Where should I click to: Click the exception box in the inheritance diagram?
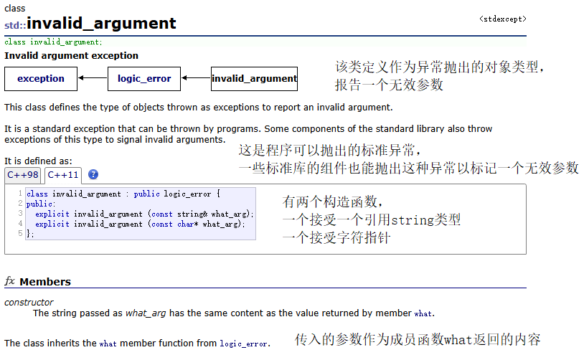[x=41, y=78]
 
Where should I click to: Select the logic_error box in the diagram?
[x=144, y=78]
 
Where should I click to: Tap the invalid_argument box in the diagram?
[x=254, y=78]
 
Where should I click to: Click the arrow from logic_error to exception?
[x=93, y=78]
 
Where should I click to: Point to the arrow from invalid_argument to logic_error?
[x=196, y=78]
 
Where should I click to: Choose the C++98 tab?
[x=23, y=175]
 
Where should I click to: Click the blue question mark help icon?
[x=93, y=175]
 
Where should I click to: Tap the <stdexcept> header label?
[x=502, y=19]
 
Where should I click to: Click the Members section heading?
[x=45, y=282]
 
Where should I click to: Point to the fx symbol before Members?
[x=10, y=281]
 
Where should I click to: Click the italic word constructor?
[x=29, y=303]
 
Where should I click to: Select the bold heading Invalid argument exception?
[x=72, y=55]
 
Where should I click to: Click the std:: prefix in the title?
[x=15, y=25]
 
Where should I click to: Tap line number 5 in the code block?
[x=21, y=233]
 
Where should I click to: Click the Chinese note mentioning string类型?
[x=372, y=220]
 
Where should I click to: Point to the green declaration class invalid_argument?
[x=53, y=42]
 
